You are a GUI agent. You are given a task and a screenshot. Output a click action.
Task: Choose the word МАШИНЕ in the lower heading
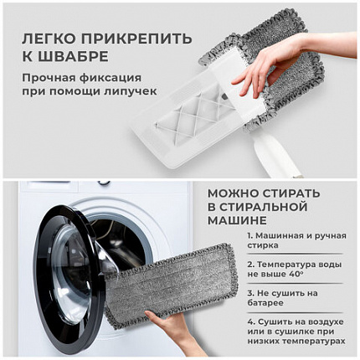(239, 220)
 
